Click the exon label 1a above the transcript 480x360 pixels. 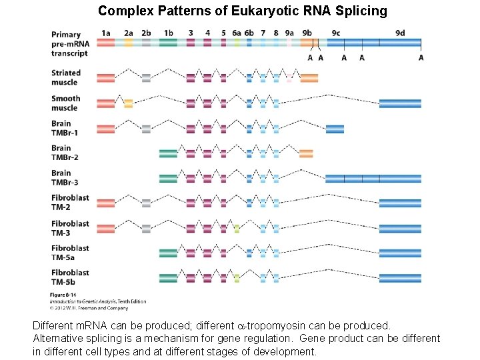106,32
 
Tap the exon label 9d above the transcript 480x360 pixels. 400,32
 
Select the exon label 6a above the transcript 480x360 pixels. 237,32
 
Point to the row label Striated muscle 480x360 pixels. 65,77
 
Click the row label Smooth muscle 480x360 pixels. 65,103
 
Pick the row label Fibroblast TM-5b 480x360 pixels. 70,277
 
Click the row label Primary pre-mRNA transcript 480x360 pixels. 69,43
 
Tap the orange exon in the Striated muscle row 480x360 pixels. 309,78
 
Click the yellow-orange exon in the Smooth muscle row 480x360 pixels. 128,103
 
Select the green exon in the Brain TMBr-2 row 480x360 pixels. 169,153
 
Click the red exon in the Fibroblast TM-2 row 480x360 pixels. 106,203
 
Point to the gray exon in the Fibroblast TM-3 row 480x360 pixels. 146,229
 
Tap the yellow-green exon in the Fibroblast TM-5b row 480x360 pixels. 237,278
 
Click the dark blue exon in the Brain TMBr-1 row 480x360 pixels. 335,129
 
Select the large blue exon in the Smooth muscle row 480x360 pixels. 400,103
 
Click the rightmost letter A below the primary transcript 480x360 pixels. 421,57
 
